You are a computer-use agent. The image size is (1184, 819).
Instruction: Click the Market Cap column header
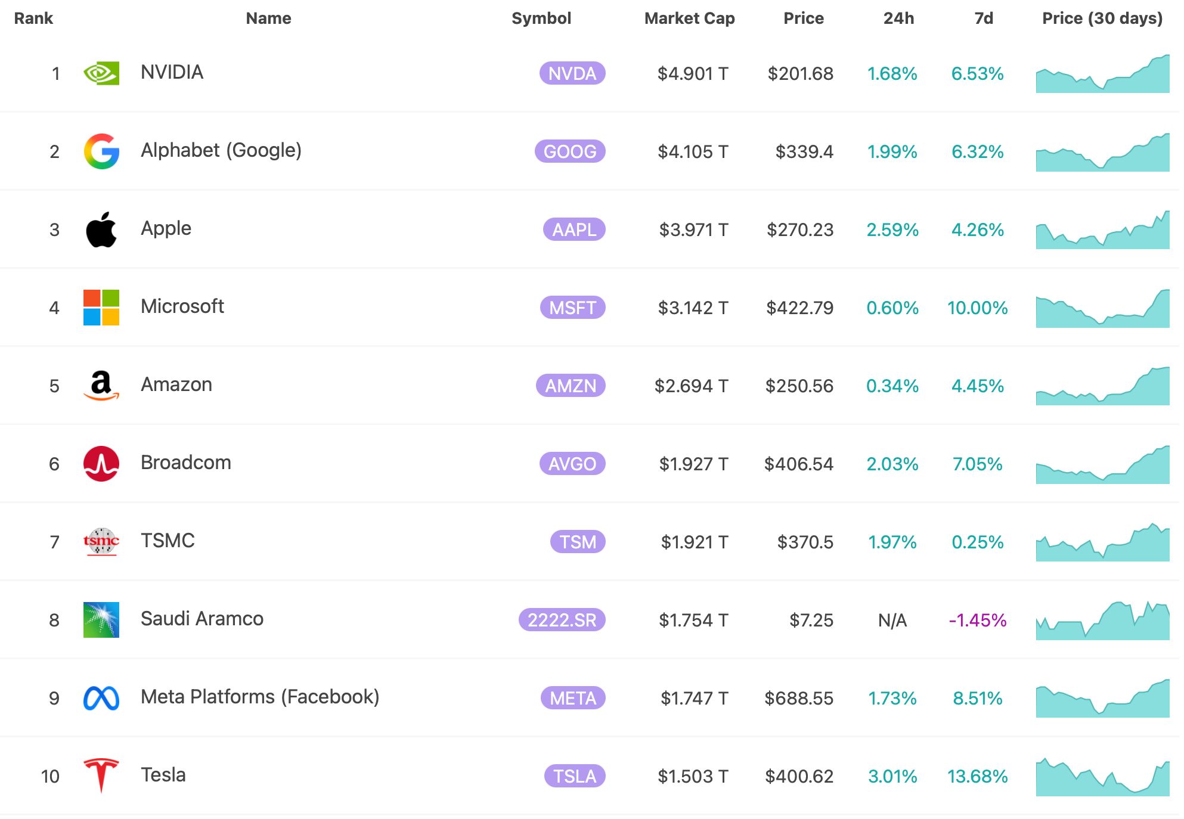[689, 18]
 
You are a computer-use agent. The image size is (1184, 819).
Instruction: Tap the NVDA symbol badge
[572, 73]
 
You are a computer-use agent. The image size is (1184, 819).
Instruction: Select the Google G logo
[101, 151]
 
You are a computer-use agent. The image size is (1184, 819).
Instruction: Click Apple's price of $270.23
[799, 229]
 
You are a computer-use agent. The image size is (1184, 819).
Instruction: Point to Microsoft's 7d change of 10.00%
[977, 308]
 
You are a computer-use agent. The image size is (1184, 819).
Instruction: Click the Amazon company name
[176, 384]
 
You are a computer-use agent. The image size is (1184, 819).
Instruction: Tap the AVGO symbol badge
[572, 464]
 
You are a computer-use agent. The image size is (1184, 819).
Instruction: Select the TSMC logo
[101, 542]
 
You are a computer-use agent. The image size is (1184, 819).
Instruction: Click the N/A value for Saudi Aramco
[892, 620]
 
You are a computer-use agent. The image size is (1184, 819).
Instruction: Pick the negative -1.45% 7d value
[977, 620]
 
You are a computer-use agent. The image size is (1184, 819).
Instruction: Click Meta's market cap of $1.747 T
[694, 698]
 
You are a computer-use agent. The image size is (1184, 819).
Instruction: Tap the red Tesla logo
[101, 775]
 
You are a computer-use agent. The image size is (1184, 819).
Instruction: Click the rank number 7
[54, 542]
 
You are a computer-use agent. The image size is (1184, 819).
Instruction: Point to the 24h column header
[898, 18]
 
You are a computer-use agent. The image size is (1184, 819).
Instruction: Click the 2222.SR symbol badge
[562, 620]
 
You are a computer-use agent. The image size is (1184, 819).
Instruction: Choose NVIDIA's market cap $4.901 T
[693, 73]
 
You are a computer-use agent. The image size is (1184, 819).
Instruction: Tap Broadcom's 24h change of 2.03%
[892, 464]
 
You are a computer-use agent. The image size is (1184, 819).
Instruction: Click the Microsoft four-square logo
[101, 308]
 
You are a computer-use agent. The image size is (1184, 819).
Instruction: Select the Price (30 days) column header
[1102, 18]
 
